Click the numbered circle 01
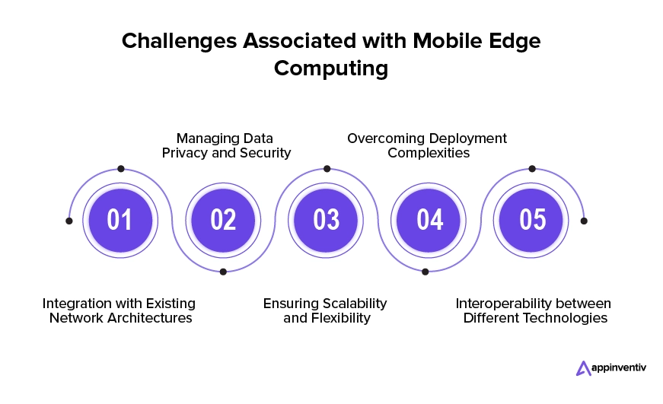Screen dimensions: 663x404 [120, 220]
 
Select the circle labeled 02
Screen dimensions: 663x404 [223, 220]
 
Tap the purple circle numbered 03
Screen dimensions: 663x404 [326, 220]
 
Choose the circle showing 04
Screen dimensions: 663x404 [429, 220]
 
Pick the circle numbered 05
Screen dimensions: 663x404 [531, 220]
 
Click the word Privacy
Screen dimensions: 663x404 [185, 153]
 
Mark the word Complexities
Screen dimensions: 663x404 [429, 153]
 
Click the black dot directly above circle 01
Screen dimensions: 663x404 [121, 169]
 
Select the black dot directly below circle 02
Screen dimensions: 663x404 [223, 272]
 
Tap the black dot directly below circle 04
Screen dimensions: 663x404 [426, 272]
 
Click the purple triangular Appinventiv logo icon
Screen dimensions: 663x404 [583, 368]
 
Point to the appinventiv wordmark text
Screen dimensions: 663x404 [619, 368]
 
